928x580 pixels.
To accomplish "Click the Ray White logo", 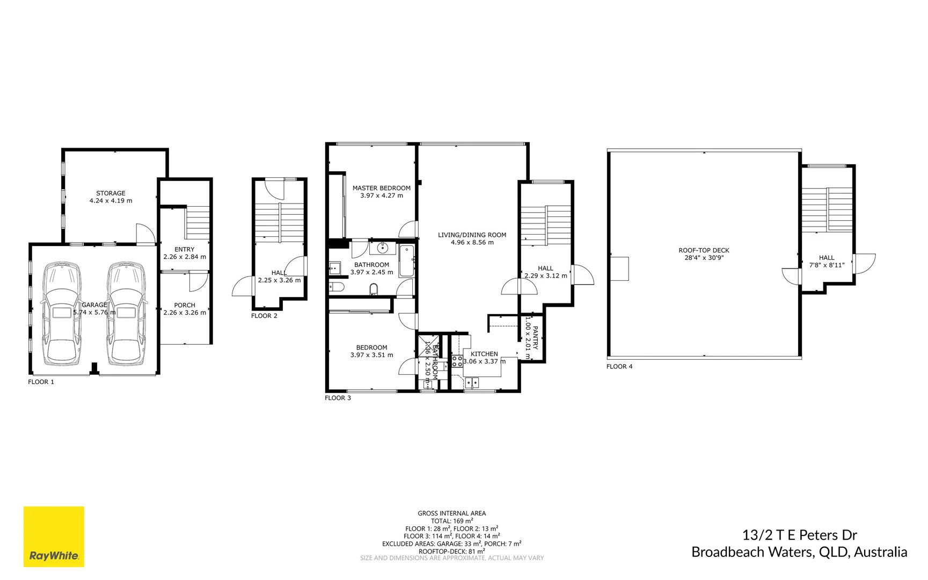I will (x=54, y=536).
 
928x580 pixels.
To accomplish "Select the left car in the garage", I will (x=62, y=313).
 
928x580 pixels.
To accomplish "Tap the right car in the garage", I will (x=126, y=313).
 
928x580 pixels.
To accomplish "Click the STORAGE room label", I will (x=111, y=193).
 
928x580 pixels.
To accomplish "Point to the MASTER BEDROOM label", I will (x=381, y=188).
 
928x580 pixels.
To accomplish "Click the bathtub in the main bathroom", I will (x=406, y=260).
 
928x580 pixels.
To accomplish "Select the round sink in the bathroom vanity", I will (x=383, y=248).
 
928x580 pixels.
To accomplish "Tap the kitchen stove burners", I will (x=457, y=361).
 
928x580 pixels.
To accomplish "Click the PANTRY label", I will (x=535, y=338).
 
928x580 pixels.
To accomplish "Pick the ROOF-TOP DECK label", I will (x=704, y=250).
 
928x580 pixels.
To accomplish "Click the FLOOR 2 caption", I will (x=264, y=316).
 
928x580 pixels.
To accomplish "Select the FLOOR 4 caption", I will (x=619, y=366).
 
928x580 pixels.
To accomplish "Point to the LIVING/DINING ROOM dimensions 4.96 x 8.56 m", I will (x=472, y=243).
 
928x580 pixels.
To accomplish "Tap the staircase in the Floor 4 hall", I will (x=827, y=209).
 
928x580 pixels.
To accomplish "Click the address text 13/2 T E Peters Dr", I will (x=799, y=535).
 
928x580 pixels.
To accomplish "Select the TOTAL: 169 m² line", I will (x=451, y=521).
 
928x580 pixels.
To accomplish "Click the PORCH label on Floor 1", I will (x=185, y=305).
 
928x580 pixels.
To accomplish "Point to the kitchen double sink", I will (x=472, y=382).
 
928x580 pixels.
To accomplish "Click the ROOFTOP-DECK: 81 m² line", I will (x=451, y=551).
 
